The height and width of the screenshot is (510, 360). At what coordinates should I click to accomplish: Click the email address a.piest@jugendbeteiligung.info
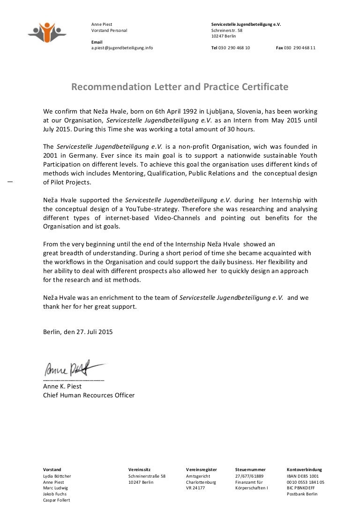(x=122, y=48)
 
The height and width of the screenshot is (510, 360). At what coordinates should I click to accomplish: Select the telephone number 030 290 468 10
(x=234, y=48)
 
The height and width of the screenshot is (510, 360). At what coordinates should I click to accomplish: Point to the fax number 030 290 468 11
(x=300, y=48)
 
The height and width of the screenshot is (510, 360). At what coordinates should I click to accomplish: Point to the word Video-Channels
(x=178, y=218)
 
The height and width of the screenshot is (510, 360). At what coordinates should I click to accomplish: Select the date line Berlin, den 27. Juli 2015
(x=78, y=332)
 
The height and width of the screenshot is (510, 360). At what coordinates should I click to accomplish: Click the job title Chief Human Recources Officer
(x=89, y=395)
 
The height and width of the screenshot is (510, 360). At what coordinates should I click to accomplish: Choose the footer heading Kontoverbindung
(x=304, y=470)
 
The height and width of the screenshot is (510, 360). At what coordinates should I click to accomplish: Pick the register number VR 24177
(x=195, y=488)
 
